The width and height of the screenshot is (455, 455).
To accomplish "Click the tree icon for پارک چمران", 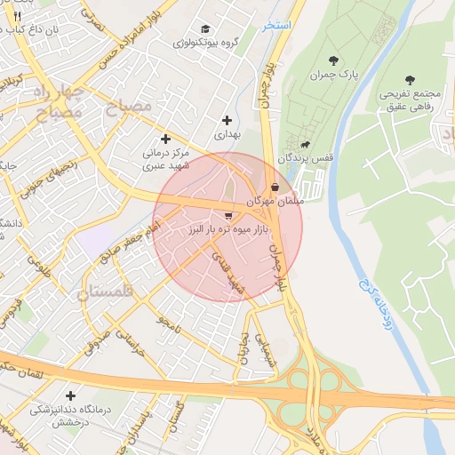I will point(333,60).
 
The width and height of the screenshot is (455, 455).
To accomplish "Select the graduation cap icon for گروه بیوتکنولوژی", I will point(206,29).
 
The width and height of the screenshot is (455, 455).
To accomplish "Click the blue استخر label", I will point(278,25).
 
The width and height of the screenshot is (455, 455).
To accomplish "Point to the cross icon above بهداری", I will point(227,120).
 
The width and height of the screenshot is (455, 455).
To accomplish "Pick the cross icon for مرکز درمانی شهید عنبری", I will point(165,139).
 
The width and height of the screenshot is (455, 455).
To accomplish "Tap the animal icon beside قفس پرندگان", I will point(306,145).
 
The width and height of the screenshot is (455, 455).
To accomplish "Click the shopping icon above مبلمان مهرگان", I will point(275,188).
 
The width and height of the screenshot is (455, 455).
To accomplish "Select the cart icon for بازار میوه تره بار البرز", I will point(229,216).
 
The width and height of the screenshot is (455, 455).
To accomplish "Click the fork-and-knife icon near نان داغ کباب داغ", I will point(17,16).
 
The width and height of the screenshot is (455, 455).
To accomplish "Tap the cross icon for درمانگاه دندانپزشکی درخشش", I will point(70,395).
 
